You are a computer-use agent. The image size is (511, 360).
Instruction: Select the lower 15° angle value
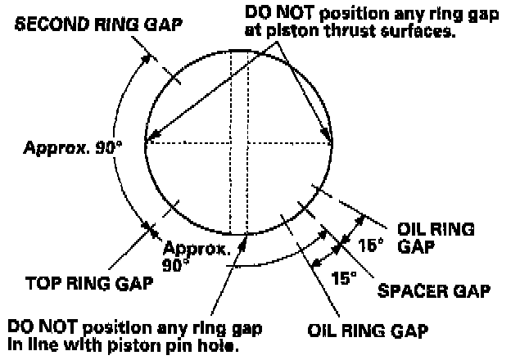coord(344,278)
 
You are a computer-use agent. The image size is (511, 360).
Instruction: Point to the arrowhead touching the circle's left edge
coord(148,141)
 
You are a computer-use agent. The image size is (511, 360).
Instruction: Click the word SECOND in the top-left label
coord(44,23)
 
